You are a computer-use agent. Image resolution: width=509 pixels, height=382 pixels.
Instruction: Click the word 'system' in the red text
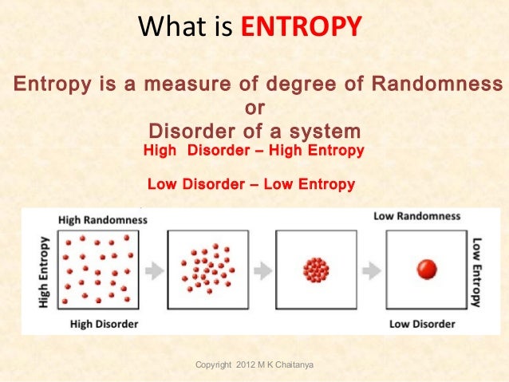coord(322,131)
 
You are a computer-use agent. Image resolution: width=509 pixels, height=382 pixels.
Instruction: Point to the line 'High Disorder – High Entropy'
coord(253,151)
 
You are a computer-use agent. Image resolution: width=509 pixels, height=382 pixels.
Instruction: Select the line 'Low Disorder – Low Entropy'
coord(251,185)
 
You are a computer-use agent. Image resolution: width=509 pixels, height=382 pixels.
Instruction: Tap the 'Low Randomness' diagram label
coord(416,216)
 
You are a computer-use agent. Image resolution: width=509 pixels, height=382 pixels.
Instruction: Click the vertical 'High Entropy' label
coord(45,270)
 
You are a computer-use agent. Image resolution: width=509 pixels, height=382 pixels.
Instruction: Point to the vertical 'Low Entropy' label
coord(477,271)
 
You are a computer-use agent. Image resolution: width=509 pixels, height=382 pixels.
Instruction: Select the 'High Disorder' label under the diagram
coord(104,324)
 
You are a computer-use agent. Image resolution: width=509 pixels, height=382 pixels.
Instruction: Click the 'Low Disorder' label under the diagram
coord(422,324)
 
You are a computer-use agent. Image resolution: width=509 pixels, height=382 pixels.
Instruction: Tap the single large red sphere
coord(428,270)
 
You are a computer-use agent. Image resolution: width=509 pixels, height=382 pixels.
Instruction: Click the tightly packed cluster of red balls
coord(315,270)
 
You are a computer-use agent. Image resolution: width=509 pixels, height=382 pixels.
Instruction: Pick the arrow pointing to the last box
coord(370,270)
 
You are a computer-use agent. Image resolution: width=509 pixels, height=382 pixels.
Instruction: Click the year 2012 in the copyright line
coord(251,364)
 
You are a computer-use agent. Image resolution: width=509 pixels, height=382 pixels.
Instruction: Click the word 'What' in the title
coord(166,30)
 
